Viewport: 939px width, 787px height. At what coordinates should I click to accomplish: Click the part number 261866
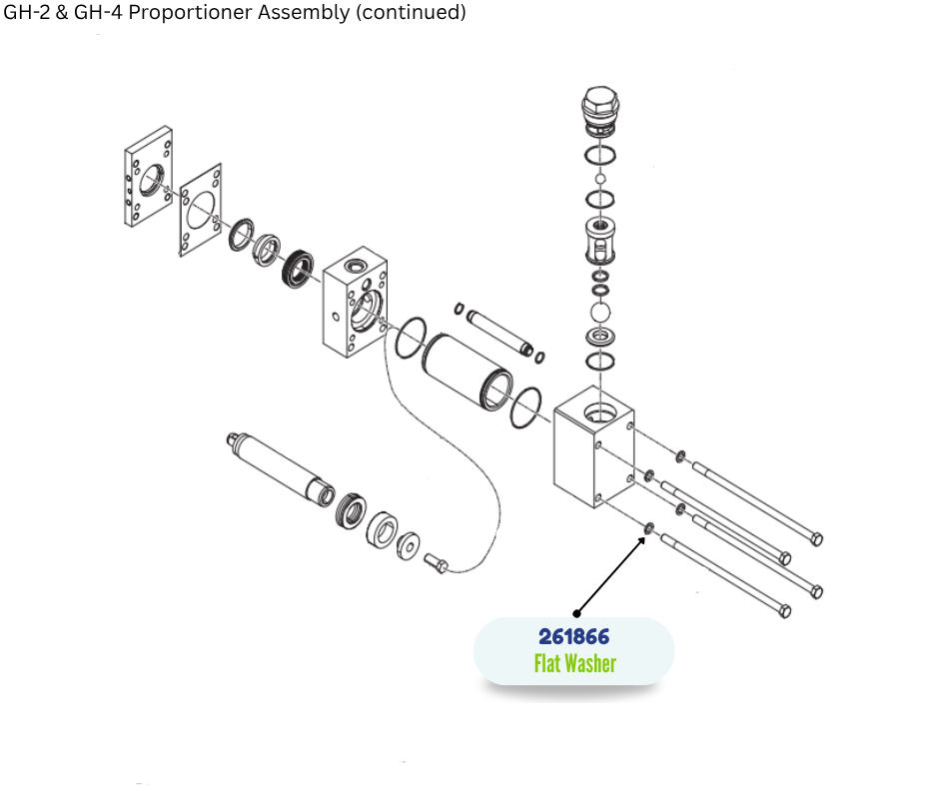tap(573, 636)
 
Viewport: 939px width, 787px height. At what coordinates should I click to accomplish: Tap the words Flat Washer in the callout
tap(574, 663)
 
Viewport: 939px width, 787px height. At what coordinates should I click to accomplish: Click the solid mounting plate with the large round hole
tap(148, 180)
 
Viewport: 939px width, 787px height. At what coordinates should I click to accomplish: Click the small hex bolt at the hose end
tap(437, 564)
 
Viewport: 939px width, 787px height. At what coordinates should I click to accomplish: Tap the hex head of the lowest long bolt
tap(784, 611)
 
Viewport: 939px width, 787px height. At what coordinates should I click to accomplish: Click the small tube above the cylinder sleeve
tap(496, 326)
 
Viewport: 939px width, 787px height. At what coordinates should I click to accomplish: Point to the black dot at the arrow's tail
tap(576, 612)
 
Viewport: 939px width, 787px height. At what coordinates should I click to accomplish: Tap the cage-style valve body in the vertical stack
tap(600, 240)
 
